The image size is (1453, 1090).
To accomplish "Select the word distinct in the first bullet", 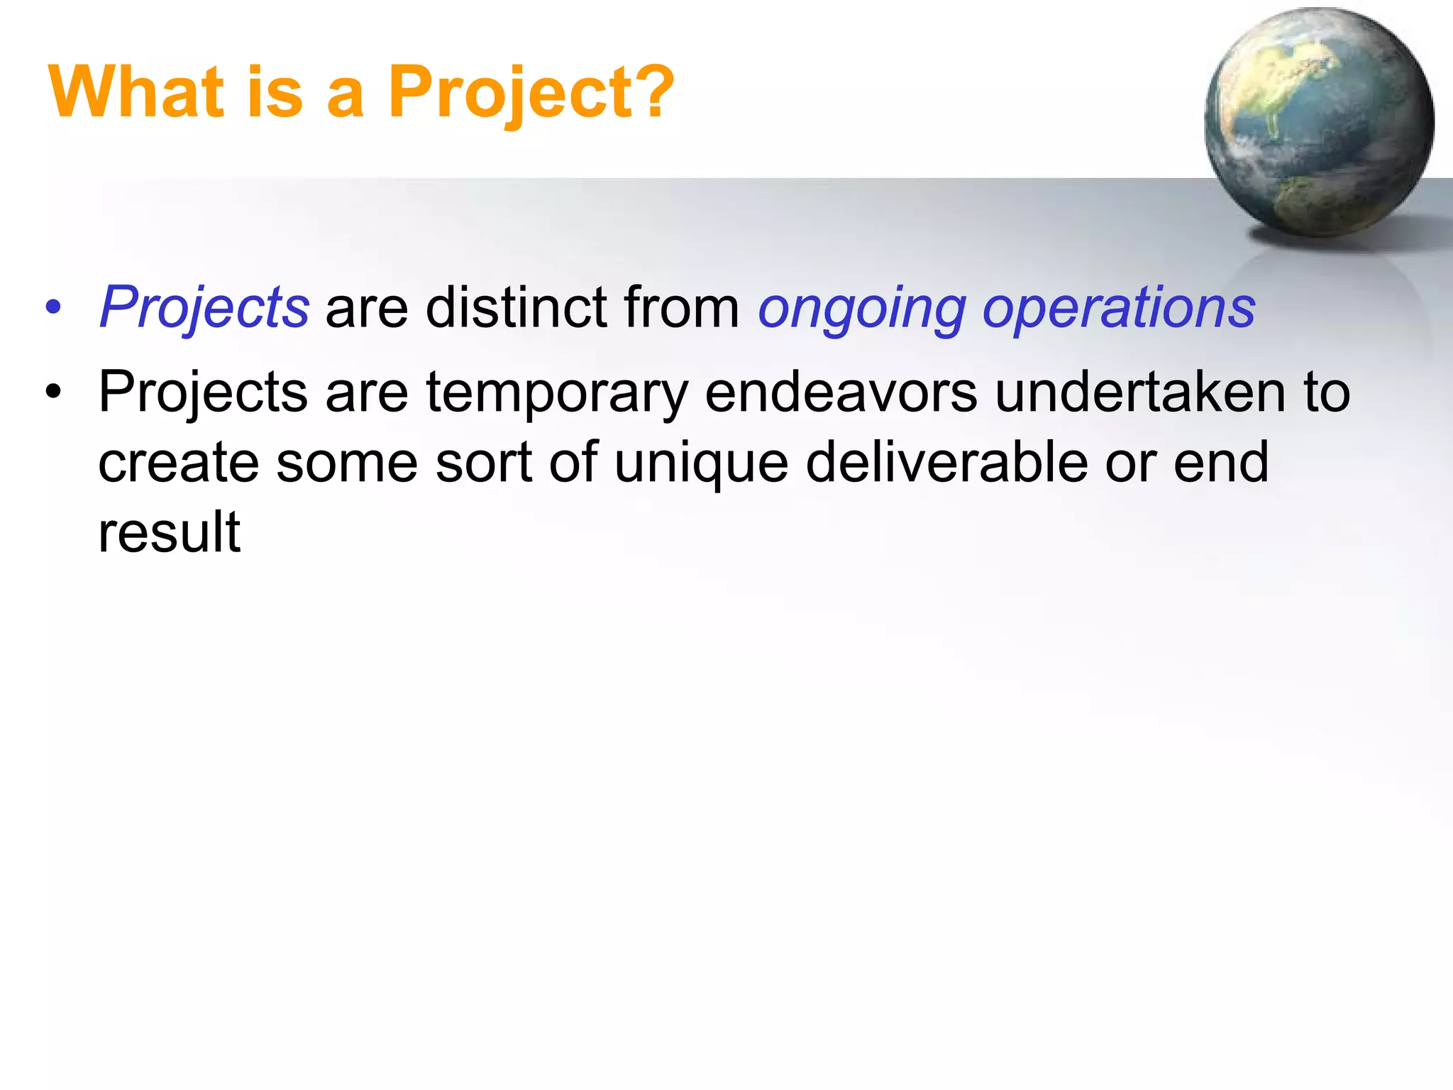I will point(516,307).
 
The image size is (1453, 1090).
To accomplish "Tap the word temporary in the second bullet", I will point(556,393).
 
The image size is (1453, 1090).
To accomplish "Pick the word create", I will point(178,463).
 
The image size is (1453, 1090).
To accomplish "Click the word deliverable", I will point(946,461).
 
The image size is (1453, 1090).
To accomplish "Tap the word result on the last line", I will point(170,532).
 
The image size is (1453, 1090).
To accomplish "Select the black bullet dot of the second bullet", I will point(53,392).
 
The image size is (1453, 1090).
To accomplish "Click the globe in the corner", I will point(1318,122).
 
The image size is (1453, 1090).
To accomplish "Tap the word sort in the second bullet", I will point(483,463).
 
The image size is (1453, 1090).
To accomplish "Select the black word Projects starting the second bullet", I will point(203,393).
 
